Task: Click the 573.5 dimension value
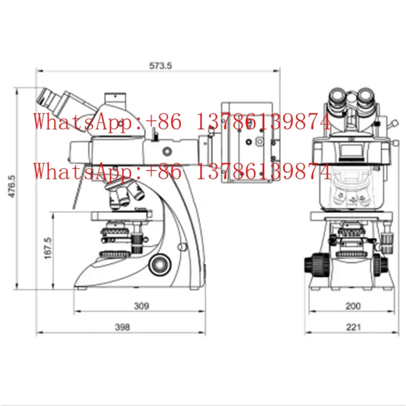pos(160,66)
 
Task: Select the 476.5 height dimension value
pos(12,186)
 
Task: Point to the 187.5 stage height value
pos(48,248)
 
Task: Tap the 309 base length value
pos(142,306)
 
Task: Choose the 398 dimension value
pos(122,328)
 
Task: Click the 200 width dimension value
pos(353,306)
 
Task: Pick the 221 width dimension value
pos(353,328)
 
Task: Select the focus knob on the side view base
pos(160,265)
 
